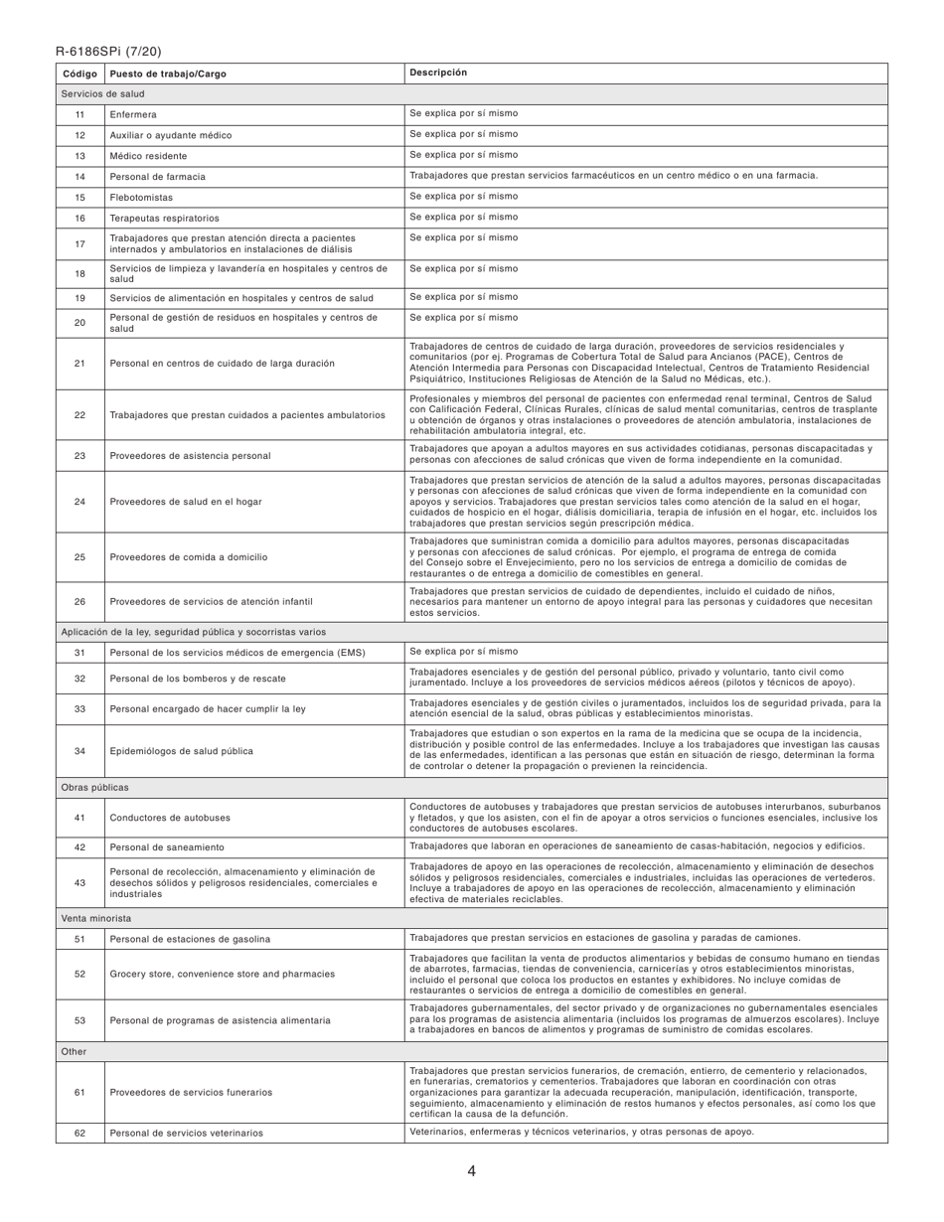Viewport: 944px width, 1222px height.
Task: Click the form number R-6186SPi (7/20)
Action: pos(108,52)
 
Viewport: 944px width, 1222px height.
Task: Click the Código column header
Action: pos(79,74)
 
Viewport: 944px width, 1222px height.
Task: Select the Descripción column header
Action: pos(438,73)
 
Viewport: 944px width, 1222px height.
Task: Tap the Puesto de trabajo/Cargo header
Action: pos(166,74)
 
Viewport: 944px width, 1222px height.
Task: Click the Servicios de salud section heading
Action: pos(102,94)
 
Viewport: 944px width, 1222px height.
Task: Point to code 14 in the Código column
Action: pos(79,177)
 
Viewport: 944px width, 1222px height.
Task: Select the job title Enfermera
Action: pos(133,115)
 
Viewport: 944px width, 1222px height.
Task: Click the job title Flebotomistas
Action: pos(141,198)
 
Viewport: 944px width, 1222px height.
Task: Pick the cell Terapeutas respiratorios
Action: pos(164,218)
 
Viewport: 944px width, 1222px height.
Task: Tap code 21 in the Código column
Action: pos(79,364)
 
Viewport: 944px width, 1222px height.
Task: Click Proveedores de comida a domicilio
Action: pos(188,557)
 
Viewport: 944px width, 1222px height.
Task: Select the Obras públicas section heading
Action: pos(94,788)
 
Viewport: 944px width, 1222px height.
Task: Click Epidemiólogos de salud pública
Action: pos(181,751)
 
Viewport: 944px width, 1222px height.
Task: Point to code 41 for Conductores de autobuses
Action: pos(79,818)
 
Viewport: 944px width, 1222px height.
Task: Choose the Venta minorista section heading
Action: pos(95,919)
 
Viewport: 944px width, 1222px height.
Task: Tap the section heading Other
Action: pos(74,1051)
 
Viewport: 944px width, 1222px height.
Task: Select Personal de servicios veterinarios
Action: pos(186,1133)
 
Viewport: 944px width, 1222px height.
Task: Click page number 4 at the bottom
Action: pos(471,1171)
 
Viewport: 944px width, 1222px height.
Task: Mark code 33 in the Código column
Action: pos(79,709)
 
